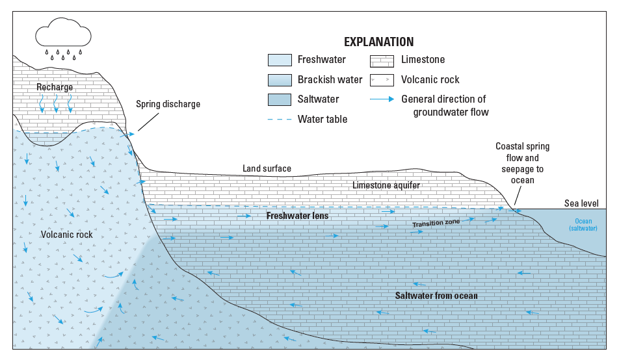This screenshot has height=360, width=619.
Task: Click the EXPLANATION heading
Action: pyautogui.click(x=378, y=42)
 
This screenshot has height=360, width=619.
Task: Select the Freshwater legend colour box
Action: pyautogui.click(x=280, y=60)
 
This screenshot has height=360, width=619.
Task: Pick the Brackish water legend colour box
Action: pyautogui.click(x=280, y=80)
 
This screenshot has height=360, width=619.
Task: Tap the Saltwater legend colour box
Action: pyautogui.click(x=280, y=99)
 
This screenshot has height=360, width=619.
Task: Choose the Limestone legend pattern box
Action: pyautogui.click(x=382, y=60)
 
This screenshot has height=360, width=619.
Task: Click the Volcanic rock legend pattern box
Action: pyautogui.click(x=382, y=80)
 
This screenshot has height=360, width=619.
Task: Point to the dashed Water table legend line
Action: pyautogui.click(x=279, y=120)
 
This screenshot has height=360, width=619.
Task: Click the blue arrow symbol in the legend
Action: pyautogui.click(x=382, y=99)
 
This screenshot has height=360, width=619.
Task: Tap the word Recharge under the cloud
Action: pyautogui.click(x=55, y=87)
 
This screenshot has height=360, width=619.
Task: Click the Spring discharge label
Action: pyautogui.click(x=168, y=104)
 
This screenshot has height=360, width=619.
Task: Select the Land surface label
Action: pyautogui.click(x=267, y=169)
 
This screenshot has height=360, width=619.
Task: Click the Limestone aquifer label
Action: pyautogui.click(x=386, y=185)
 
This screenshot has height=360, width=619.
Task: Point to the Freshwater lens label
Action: pyautogui.click(x=297, y=215)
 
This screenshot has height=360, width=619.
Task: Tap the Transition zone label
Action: pyautogui.click(x=436, y=223)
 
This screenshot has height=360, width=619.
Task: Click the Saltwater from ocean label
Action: pyautogui.click(x=436, y=296)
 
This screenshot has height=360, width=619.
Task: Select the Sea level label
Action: pyautogui.click(x=581, y=203)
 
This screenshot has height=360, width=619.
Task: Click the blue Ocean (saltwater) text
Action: pyautogui.click(x=583, y=225)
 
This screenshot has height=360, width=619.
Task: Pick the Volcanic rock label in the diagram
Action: pyautogui.click(x=66, y=235)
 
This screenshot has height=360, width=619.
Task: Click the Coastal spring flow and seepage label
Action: pyautogui.click(x=517, y=162)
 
